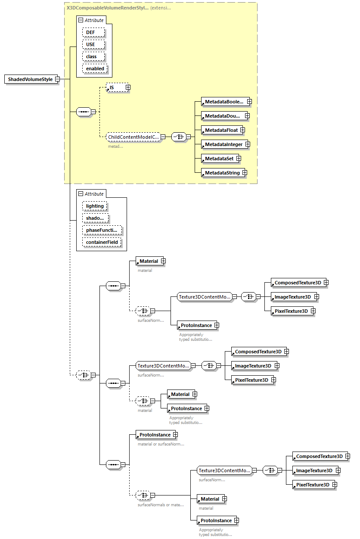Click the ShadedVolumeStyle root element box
click(30, 79)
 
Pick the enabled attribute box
click(95, 69)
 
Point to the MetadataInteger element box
click(223, 144)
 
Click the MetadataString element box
click(221, 173)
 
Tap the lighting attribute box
click(95, 206)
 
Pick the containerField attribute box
click(102, 242)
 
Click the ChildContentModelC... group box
click(133, 137)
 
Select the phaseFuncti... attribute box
click(102, 230)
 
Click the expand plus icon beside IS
click(128, 87)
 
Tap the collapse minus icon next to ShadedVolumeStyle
click(57, 79)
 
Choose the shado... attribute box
click(95, 218)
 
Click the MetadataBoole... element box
click(224, 102)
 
